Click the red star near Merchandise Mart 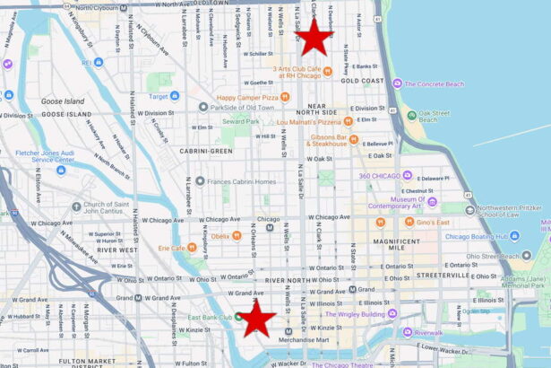pos(257,318)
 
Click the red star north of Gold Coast pos(314,39)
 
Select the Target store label pos(157,95)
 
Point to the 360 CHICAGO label pos(379,175)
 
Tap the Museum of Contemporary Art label pos(393,202)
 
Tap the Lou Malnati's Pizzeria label pos(310,121)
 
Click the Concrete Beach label pos(434,83)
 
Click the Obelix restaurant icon pos(237,236)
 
